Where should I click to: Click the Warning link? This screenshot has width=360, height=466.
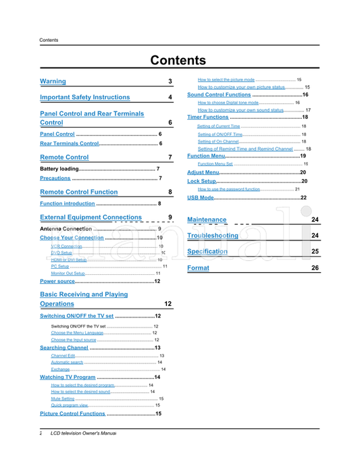point(53,82)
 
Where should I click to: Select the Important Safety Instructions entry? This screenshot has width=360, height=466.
point(85,98)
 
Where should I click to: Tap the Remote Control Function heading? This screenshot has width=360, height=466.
point(79,192)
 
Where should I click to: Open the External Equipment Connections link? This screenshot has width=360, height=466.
point(91,217)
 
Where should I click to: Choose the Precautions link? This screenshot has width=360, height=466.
point(55,178)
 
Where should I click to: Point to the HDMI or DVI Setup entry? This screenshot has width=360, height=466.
point(69,260)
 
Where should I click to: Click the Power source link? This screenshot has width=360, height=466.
point(57,281)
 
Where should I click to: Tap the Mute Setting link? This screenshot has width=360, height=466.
point(63,399)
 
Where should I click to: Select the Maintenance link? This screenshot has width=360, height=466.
point(207,220)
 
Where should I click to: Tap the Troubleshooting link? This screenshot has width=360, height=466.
point(213,236)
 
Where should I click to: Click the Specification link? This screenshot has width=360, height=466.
point(207,251)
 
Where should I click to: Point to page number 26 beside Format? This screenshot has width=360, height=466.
point(315,268)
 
